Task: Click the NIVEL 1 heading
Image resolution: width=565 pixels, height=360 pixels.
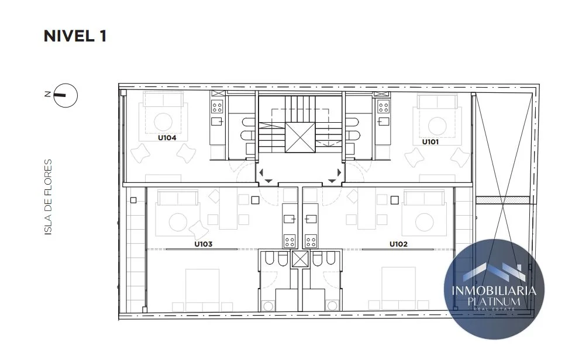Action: (x=75, y=36)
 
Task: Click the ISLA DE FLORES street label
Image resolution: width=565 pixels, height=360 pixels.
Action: (x=49, y=198)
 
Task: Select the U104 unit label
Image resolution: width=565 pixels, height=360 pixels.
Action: (x=167, y=137)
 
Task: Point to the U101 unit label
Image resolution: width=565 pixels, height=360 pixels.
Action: (x=430, y=142)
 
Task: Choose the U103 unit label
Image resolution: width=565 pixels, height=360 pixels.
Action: (x=203, y=244)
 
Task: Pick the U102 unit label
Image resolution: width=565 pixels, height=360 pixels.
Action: (x=398, y=244)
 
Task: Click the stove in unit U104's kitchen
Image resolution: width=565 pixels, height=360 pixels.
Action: (x=217, y=106)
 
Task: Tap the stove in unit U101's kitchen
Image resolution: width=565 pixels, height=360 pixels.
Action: (x=384, y=106)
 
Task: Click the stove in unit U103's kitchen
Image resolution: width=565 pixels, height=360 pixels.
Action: (x=290, y=241)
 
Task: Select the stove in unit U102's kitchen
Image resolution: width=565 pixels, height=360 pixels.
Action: (x=311, y=241)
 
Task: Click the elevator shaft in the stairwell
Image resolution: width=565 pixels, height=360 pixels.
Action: (x=300, y=137)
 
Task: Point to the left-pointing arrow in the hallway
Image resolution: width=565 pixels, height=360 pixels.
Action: (x=261, y=172)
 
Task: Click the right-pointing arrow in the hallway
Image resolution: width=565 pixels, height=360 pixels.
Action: (x=339, y=172)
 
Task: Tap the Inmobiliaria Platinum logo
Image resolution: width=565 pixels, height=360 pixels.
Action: (x=494, y=289)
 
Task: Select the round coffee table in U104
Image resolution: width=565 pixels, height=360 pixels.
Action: (x=163, y=122)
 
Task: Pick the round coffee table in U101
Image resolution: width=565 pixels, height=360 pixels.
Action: (x=437, y=126)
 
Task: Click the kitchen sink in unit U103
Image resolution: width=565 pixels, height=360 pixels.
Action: (x=289, y=219)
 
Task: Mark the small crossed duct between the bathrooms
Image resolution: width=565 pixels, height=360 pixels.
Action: (x=300, y=259)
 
